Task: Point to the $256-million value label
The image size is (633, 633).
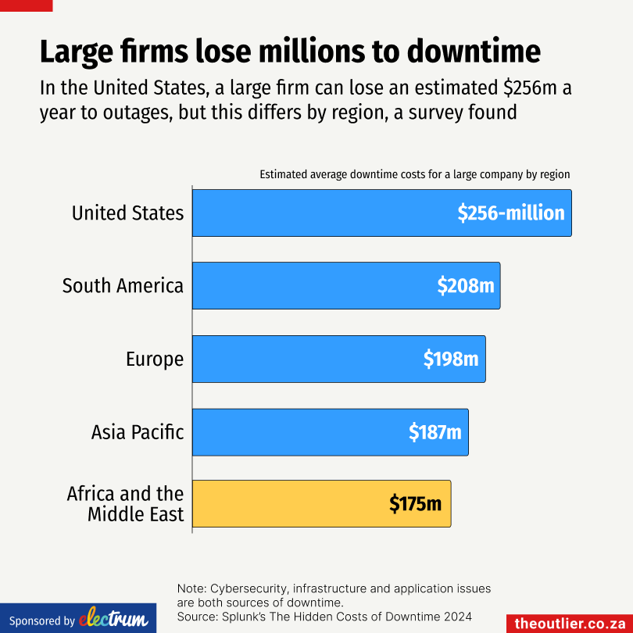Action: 511,213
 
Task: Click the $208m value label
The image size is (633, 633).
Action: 466,286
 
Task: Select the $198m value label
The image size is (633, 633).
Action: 451,359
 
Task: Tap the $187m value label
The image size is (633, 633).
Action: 435,431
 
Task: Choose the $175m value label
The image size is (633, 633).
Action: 416,504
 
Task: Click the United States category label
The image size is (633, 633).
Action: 127,213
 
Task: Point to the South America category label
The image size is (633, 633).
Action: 123,285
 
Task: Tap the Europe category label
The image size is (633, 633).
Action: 155,359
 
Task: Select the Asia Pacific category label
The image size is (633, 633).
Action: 137,431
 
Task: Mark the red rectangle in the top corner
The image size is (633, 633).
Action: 26,5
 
